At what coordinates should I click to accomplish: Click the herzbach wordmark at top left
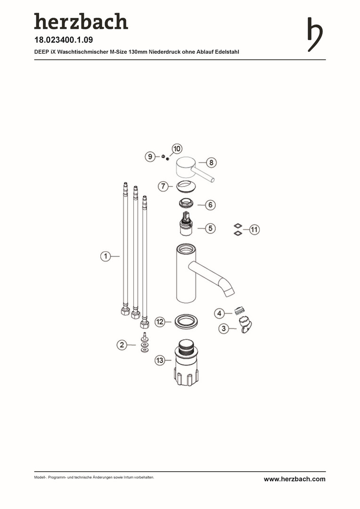tap(81, 21)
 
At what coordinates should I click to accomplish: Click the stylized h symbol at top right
tap(315, 34)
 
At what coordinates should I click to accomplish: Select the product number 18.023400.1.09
tap(64, 40)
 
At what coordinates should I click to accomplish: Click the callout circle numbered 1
tap(106, 256)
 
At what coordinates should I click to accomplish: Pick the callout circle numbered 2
tap(122, 345)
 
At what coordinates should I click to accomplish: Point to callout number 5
tap(210, 228)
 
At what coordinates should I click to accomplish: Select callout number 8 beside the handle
tap(211, 162)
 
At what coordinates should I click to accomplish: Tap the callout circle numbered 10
tap(177, 149)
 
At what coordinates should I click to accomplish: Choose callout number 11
tap(254, 230)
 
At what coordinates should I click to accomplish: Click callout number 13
tap(160, 361)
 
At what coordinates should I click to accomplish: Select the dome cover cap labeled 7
tap(186, 187)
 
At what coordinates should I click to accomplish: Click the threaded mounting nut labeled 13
tap(186, 363)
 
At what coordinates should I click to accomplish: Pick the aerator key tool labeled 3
tap(246, 325)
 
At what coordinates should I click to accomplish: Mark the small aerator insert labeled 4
tap(239, 311)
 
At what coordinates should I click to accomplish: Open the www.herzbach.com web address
tap(295, 479)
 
